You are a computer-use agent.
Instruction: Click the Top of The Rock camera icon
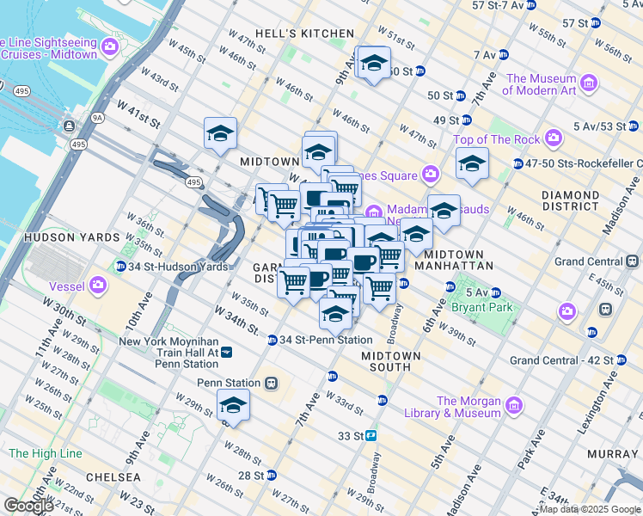tap(553, 138)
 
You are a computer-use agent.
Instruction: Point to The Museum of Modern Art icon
tap(589, 83)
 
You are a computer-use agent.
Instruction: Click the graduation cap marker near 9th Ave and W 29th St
tap(233, 403)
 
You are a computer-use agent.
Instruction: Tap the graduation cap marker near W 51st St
tap(374, 63)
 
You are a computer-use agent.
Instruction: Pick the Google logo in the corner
tap(28, 506)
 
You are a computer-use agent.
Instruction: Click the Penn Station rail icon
tap(272, 383)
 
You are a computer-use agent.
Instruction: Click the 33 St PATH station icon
tap(370, 436)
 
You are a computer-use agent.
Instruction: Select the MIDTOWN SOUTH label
tap(391, 361)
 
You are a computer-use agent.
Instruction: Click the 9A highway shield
tap(97, 116)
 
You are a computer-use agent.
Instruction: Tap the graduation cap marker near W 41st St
tap(221, 133)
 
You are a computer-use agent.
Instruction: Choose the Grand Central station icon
tap(633, 261)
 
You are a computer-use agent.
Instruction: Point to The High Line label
tap(45, 453)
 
